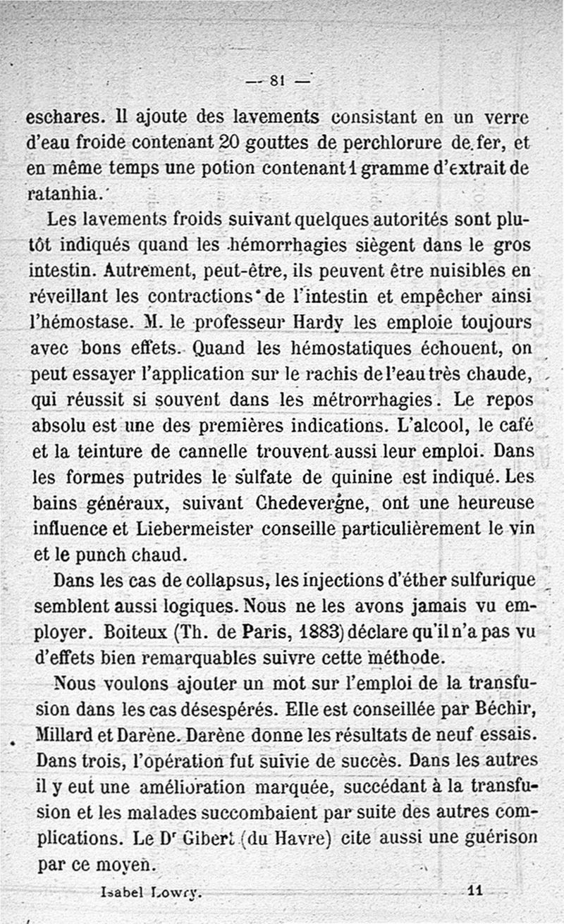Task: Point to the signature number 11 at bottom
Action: tap(474, 891)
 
